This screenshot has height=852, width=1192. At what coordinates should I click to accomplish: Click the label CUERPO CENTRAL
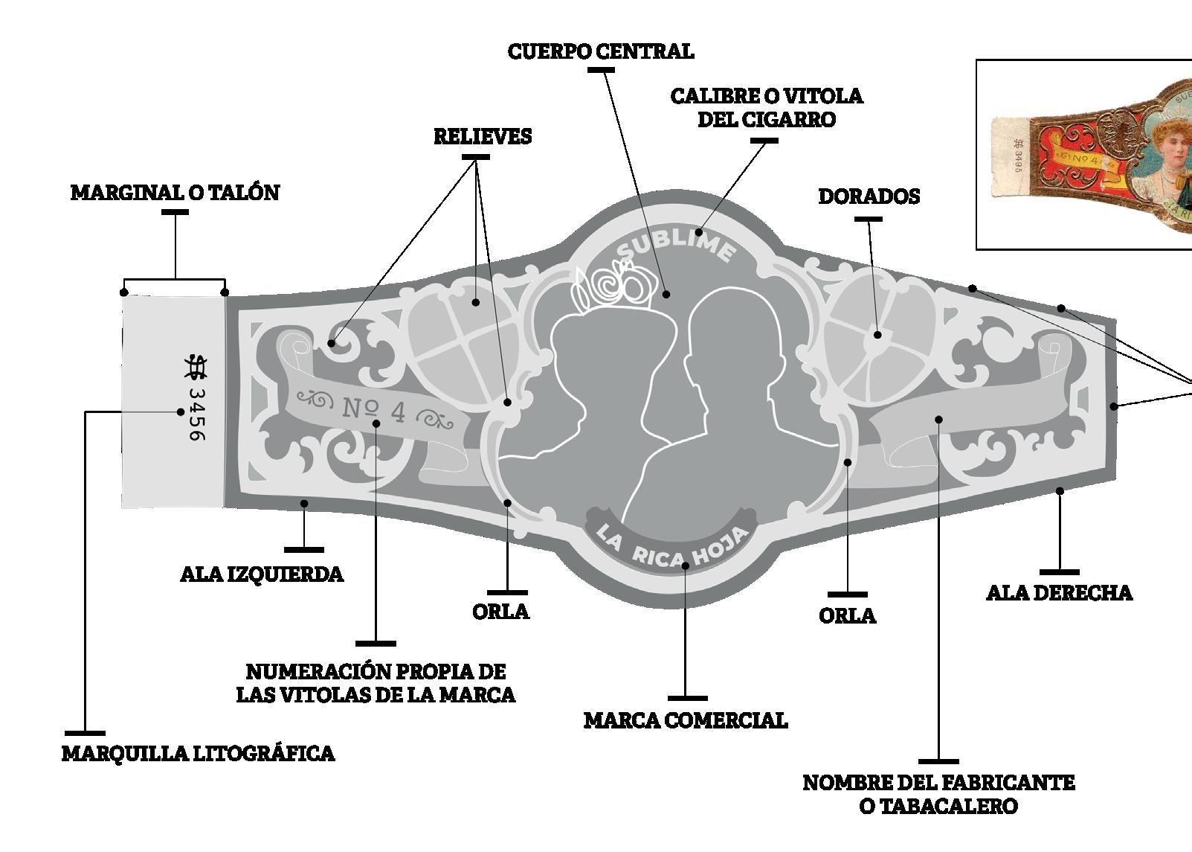point(600,51)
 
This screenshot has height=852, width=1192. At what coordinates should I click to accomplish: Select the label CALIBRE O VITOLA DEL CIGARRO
point(766,108)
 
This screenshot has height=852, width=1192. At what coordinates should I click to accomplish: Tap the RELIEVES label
point(483,137)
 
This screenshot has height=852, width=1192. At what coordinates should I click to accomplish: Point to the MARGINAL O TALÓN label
point(175,193)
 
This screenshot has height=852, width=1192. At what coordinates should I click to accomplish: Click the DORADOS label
point(869,196)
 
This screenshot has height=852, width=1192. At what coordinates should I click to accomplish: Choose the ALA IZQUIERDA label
point(262,574)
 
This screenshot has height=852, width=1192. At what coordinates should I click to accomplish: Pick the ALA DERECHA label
point(1059,593)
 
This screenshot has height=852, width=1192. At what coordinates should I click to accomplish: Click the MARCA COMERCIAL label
point(685,720)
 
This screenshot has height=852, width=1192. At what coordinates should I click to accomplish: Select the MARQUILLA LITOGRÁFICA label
point(198,754)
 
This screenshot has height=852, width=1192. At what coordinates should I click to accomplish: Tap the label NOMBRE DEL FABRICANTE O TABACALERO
point(938,794)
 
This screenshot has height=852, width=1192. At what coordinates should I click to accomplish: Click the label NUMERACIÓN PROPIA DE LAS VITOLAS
point(376,683)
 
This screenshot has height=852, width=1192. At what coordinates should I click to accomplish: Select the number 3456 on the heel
point(195,413)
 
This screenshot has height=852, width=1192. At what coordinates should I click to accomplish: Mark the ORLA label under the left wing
point(500,612)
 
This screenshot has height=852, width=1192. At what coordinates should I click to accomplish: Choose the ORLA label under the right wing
point(847,616)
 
